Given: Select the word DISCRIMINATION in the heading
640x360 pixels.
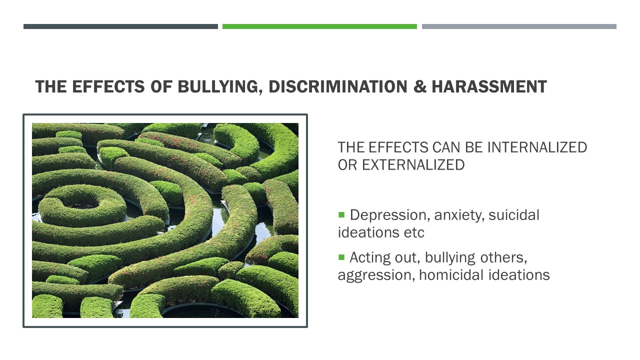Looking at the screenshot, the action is coord(338,86).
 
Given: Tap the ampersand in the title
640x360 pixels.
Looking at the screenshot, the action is coord(420,86).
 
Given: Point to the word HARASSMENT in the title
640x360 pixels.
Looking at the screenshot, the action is coord(489,86).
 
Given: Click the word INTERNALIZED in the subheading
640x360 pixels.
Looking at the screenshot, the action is coord(537,147).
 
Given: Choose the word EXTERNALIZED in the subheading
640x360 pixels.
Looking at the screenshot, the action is coord(413,165).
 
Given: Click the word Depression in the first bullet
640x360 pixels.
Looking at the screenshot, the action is coord(390,215).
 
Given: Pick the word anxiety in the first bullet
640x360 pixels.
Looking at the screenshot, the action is coord(459,215).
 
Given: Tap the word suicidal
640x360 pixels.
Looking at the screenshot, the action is coord(514,215).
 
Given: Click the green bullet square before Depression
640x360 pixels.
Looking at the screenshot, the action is coord(341,214).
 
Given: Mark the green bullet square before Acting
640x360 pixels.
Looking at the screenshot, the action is coord(341,257).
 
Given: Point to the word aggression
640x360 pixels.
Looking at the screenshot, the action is coord(376,275).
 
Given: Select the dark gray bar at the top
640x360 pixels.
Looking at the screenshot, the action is coord(120,26).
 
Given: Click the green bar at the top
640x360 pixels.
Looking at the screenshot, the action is coord(319,26).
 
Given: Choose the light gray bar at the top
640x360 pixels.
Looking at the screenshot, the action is coord(519,26).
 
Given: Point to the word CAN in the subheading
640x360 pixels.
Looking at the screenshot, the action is coord(446,147).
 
